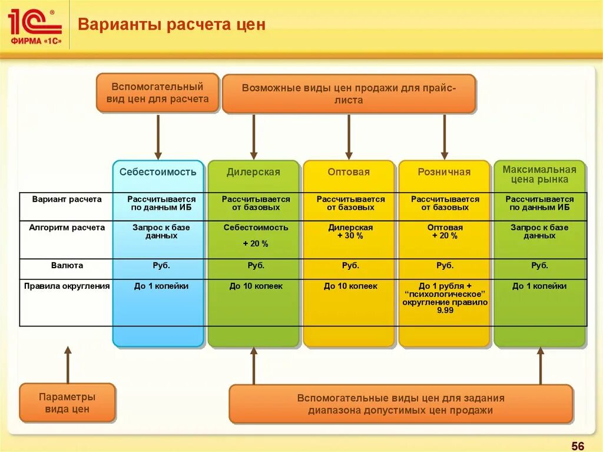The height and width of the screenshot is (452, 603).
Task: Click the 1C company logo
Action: tap(35, 25)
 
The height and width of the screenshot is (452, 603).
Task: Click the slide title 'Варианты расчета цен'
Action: tap(172, 25)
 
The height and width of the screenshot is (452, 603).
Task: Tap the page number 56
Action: tap(578, 444)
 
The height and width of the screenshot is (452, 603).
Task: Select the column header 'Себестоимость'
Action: tap(158, 172)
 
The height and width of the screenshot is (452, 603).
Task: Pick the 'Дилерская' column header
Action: tap(253, 172)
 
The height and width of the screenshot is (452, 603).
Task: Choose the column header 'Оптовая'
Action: tap(349, 172)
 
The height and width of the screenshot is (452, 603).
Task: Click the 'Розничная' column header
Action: tap(444, 172)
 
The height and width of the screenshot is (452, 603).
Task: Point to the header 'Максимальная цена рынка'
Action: tap(539, 174)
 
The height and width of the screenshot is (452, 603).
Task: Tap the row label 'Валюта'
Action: tap(67, 266)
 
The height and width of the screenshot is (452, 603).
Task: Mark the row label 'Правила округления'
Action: tap(67, 286)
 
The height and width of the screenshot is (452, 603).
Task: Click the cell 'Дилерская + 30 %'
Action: tap(350, 232)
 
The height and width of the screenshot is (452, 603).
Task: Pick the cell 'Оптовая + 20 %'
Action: tap(445, 232)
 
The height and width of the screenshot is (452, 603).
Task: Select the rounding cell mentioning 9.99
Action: tap(445, 298)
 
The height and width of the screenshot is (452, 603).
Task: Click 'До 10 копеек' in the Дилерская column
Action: tap(256, 286)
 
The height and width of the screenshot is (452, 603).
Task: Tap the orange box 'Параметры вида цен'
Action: tap(67, 402)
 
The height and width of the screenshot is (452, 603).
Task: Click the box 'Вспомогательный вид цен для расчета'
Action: tap(157, 93)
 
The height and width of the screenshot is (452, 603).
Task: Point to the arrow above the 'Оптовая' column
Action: tap(349, 136)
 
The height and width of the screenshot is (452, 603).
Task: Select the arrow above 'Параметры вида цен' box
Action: tap(68, 365)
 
